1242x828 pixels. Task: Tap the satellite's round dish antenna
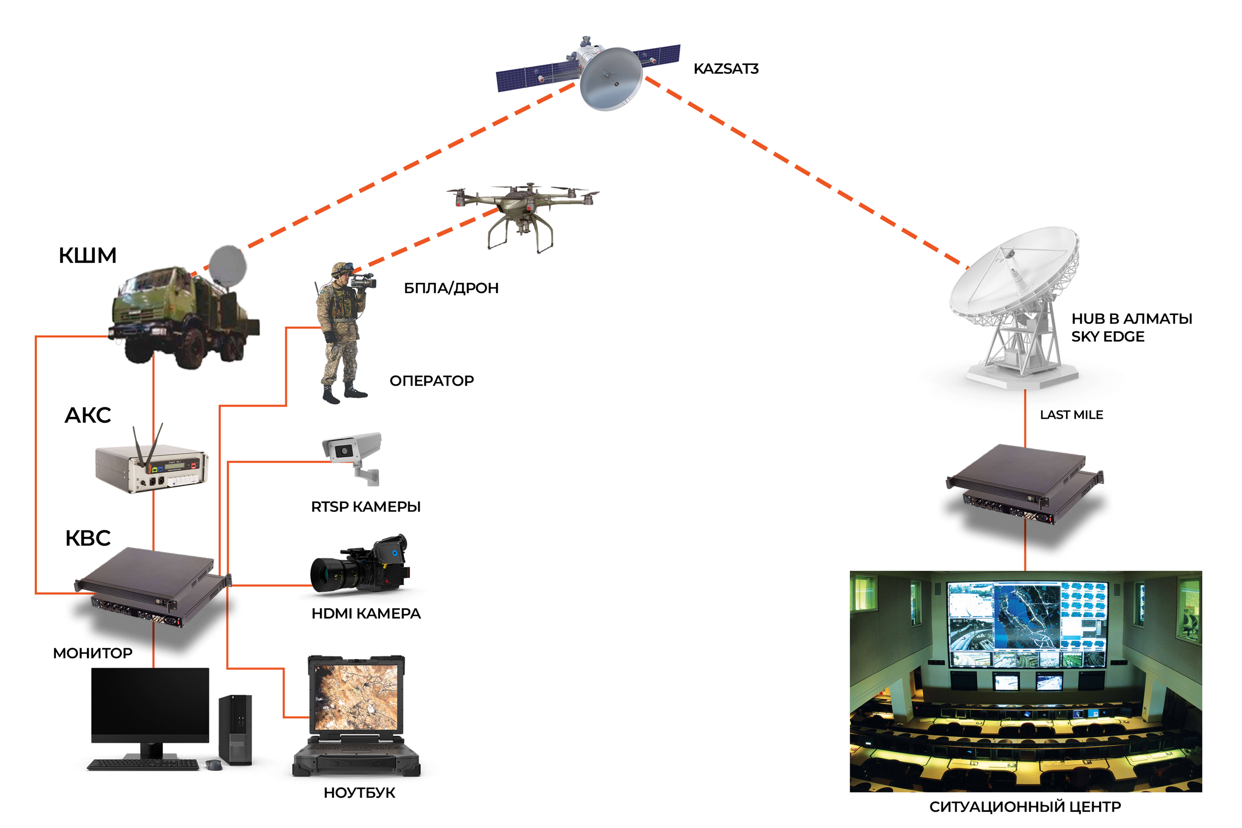pos(611,79)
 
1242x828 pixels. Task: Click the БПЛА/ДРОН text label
pos(451,288)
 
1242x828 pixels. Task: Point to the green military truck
pos(185,317)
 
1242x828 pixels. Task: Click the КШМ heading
pos(88,256)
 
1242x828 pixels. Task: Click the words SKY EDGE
pos(1108,336)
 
